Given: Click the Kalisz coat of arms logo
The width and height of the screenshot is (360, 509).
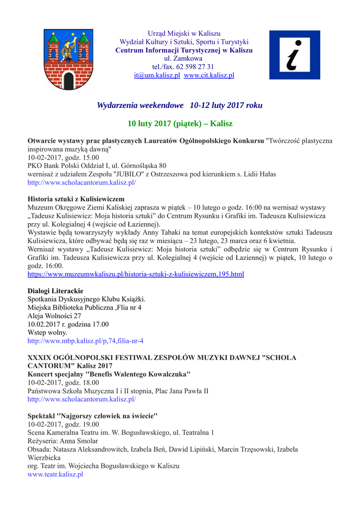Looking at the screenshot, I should [x=69, y=59].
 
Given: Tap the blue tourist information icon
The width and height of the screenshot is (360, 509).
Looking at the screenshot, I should [x=294, y=55].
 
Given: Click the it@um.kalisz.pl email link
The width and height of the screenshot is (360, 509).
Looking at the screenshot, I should [x=157, y=76].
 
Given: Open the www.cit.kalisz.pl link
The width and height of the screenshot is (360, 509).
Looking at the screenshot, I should [x=209, y=76].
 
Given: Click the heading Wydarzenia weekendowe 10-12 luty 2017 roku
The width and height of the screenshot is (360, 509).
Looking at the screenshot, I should [x=180, y=105].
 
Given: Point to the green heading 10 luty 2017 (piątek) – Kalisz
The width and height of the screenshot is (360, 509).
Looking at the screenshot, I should [x=180, y=123].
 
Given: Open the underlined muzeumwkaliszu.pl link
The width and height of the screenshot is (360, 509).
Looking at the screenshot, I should [x=135, y=274].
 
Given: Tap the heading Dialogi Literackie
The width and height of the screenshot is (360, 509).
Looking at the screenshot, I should [x=55, y=290].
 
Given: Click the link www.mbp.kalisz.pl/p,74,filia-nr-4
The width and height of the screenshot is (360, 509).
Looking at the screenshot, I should [x=85, y=341].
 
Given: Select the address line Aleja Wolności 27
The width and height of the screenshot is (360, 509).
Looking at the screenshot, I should [x=54, y=316].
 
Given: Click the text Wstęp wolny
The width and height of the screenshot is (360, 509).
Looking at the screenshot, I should [x=47, y=333].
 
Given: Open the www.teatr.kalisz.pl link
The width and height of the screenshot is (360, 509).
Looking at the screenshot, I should [x=55, y=475].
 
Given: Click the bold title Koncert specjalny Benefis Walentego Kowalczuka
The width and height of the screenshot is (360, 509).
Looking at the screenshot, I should [x=109, y=374].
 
